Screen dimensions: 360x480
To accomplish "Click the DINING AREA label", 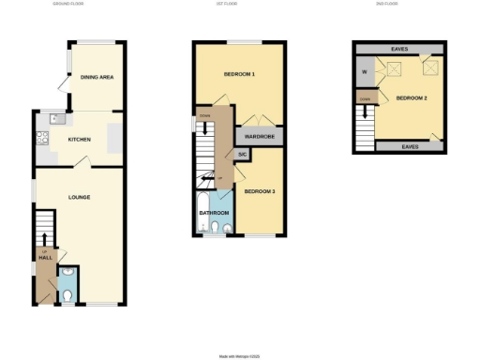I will [x=97, y=77].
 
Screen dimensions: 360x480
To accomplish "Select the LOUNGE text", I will [x=79, y=198].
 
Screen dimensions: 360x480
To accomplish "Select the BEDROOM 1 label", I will [x=240, y=73].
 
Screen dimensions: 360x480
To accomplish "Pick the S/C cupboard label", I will [x=241, y=155].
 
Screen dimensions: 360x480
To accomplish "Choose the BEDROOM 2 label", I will [x=412, y=97].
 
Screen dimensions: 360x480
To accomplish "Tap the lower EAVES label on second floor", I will [x=411, y=146].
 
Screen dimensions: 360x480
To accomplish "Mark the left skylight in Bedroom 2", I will [x=393, y=67].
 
